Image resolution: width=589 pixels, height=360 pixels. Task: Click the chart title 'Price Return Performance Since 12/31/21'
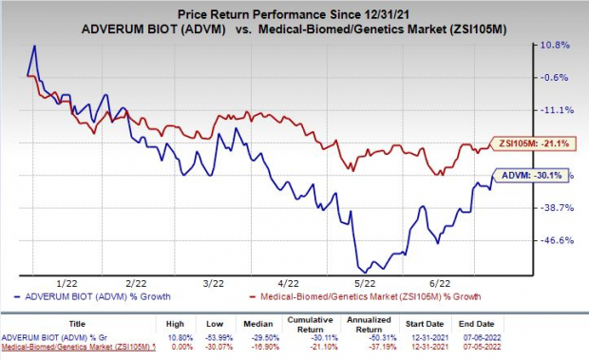click(294, 9)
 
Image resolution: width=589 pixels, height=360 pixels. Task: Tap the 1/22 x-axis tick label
click(66, 282)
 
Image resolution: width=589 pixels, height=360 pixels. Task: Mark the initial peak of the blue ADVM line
click(34, 46)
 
